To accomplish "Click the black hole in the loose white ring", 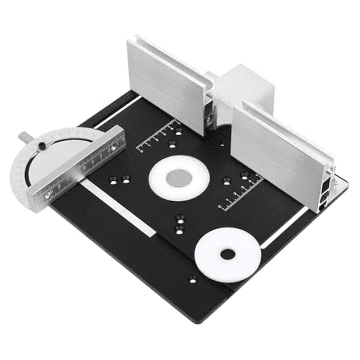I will click(x=228, y=255).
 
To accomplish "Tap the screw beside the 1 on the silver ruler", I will click(x=113, y=148).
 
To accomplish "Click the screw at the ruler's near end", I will click(x=48, y=196).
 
